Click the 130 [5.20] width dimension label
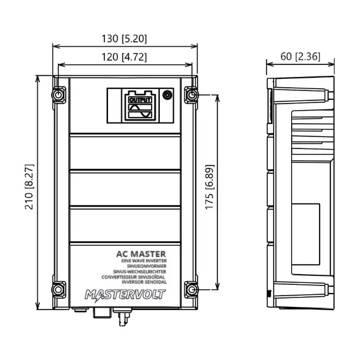124,39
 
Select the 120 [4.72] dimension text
124,57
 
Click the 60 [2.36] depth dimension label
299,57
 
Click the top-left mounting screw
59,96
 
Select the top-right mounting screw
191,96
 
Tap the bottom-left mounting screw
59,289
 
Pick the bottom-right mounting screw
191,289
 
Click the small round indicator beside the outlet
167,95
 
